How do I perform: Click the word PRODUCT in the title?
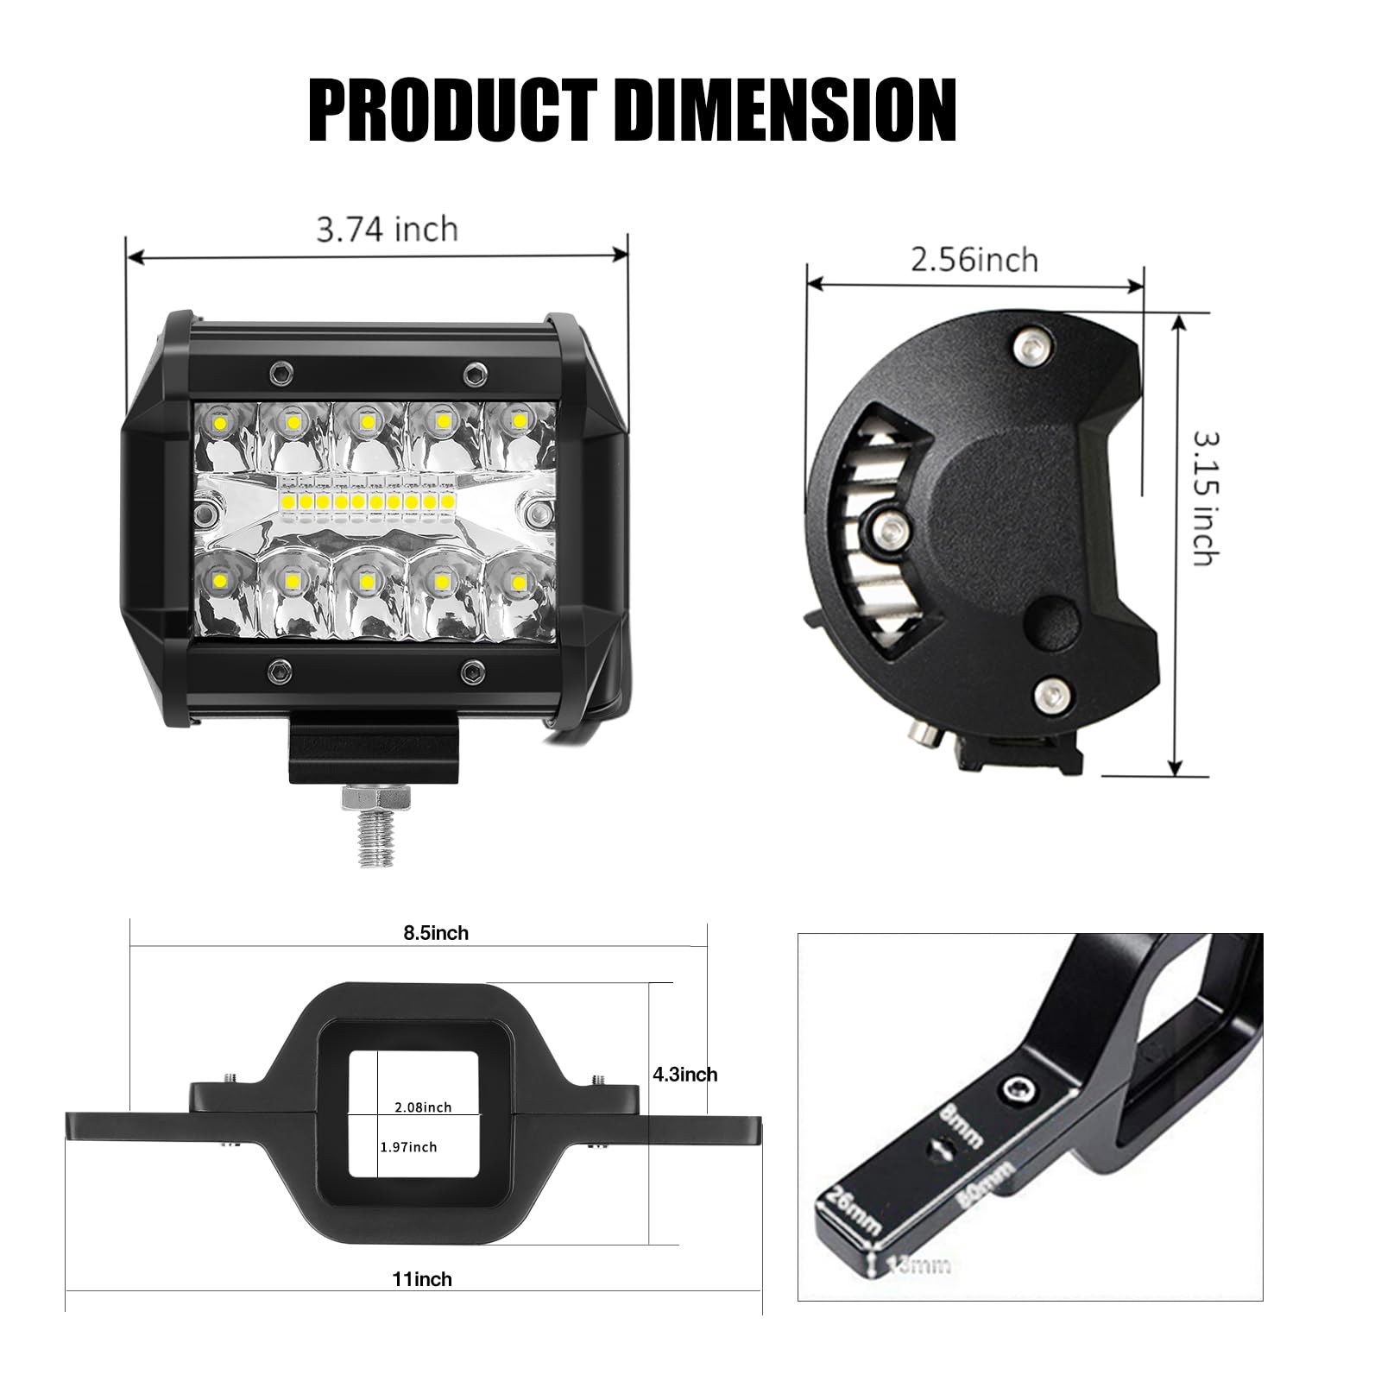click(x=452, y=110)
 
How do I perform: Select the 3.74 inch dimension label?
click(x=387, y=230)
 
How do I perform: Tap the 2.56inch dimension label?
click(x=974, y=259)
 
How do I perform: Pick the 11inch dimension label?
click(x=422, y=1279)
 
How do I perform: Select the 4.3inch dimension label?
click(x=684, y=1075)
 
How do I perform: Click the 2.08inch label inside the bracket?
click(x=423, y=1107)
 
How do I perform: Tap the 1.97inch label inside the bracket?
click(x=408, y=1147)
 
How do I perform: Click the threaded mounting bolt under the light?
click(x=370, y=829)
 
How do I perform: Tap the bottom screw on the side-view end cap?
click(x=1049, y=691)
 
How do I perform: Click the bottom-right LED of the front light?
click(x=518, y=584)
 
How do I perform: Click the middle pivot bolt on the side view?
click(x=888, y=525)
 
